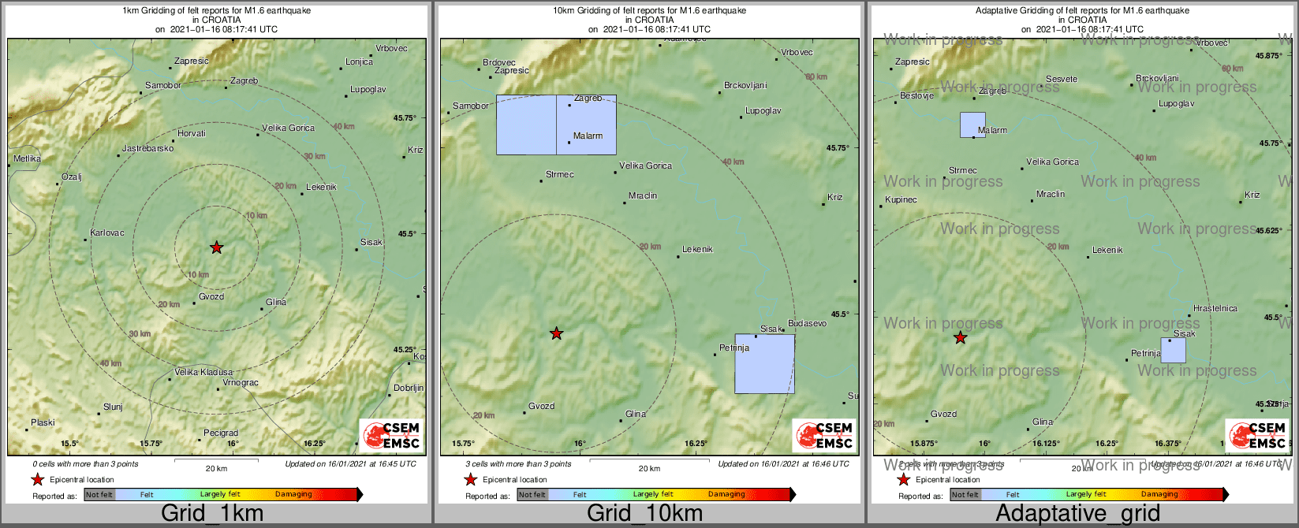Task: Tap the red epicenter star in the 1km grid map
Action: (x=217, y=247)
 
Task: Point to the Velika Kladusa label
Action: (x=203, y=372)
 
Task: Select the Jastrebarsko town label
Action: (x=147, y=148)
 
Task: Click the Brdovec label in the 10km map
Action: (x=498, y=62)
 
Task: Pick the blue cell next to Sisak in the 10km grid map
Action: (x=764, y=363)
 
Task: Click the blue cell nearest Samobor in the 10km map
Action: (x=526, y=125)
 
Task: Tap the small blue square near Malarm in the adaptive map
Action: (x=972, y=125)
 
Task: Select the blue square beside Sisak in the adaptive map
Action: (x=1173, y=350)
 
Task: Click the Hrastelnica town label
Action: (x=1215, y=308)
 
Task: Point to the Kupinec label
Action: (x=901, y=199)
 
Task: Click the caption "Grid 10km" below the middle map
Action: (x=644, y=514)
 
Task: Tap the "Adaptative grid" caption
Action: (x=1077, y=514)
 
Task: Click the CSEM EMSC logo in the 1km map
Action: (x=391, y=436)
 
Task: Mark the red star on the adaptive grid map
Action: (x=960, y=338)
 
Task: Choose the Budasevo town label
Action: (x=807, y=323)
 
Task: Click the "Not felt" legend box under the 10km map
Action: (x=532, y=495)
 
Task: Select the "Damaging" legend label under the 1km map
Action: (x=293, y=495)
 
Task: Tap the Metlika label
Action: (x=28, y=158)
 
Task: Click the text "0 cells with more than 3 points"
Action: (x=85, y=464)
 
